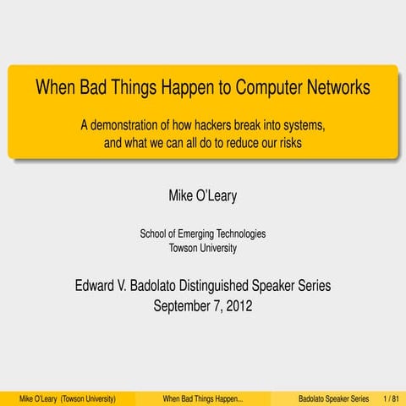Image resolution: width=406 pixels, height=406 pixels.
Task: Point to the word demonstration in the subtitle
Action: click(134, 125)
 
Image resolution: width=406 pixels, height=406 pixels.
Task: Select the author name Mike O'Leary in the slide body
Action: click(203, 197)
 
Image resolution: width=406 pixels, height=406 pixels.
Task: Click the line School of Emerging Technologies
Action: click(203, 233)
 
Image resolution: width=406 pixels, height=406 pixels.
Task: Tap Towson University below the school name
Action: click(203, 248)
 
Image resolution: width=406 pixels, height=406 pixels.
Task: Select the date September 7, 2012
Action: click(203, 305)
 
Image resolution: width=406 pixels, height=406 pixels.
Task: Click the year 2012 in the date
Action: click(238, 305)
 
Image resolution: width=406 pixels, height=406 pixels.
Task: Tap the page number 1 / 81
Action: click(390, 397)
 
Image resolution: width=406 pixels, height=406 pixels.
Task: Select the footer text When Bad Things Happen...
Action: click(202, 397)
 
